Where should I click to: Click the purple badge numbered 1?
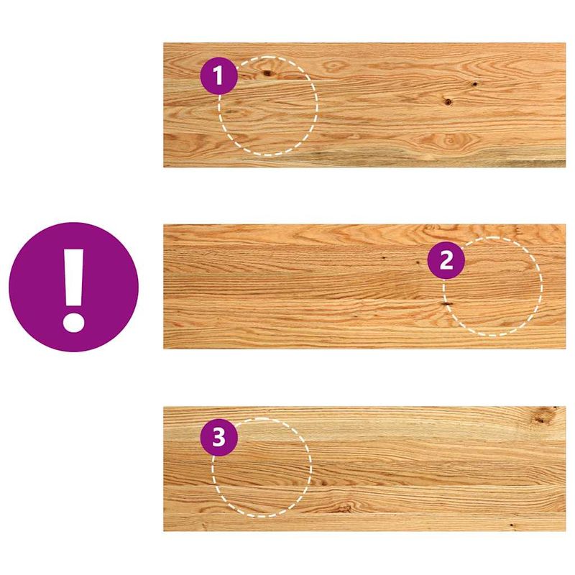point(218,75)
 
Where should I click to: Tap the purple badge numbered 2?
point(446,260)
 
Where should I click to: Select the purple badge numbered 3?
point(218,437)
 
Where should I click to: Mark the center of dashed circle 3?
point(262,467)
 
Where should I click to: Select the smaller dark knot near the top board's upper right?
point(474,84)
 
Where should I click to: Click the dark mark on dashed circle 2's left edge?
point(446,304)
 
